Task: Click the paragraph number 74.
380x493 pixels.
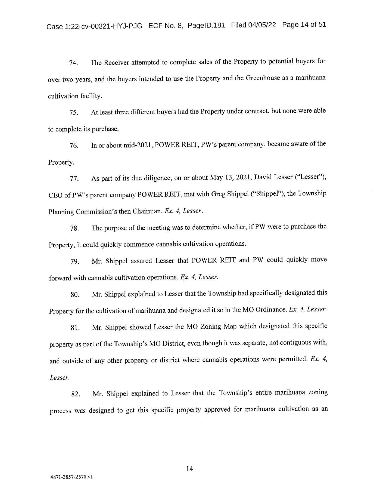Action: [74, 63]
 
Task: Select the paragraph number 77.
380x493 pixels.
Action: [74, 179]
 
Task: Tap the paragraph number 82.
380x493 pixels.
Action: [75, 394]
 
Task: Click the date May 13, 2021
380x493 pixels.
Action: [231, 178]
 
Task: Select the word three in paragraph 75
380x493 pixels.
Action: [122, 112]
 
